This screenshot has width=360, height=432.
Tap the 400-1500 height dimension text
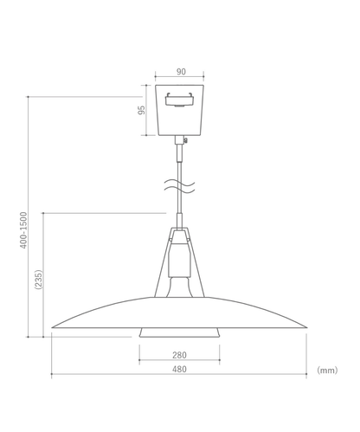point(24,229)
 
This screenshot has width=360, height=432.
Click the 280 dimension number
point(179,355)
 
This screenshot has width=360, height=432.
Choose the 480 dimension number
point(179,370)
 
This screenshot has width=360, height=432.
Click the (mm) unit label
point(326,370)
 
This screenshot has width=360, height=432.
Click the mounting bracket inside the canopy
point(179,96)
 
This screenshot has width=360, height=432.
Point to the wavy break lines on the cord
point(179,185)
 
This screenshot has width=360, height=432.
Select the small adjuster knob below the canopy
point(183,140)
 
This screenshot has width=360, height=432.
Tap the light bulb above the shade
point(179,286)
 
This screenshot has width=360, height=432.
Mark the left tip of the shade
point(53,328)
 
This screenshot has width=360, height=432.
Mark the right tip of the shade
point(306,328)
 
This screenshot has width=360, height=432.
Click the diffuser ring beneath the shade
point(179,333)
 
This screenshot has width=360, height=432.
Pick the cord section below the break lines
point(179,209)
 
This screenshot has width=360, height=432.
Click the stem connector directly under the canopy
point(179,151)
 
